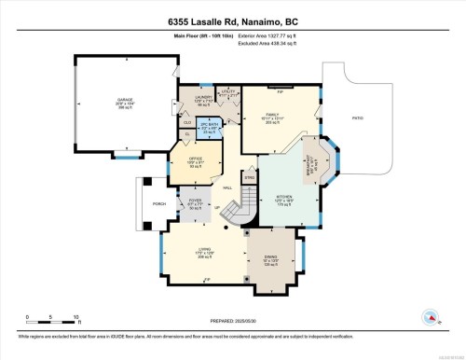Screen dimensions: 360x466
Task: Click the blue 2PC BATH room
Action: pyautogui.click(x=210, y=129)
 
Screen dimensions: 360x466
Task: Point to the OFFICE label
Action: pyautogui.click(x=195, y=160)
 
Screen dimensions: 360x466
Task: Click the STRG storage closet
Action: pyautogui.click(x=250, y=175)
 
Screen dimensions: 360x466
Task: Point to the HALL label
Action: pyautogui.click(x=226, y=187)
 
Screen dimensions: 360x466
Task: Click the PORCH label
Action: pyautogui.click(x=146, y=206)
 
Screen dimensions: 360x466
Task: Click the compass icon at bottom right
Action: pyautogui.click(x=432, y=319)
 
